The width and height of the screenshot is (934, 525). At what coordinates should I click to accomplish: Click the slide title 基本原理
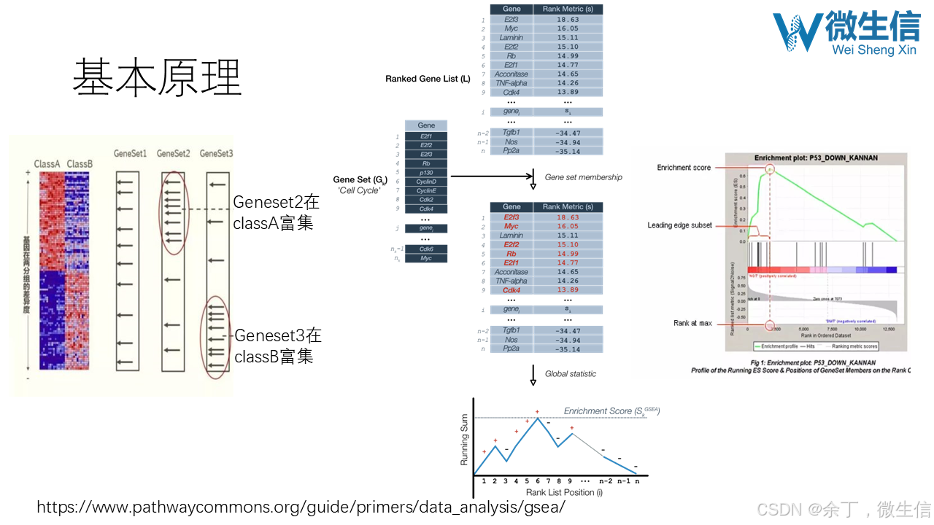(157, 78)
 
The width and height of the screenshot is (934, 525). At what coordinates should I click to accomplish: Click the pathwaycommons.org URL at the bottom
(301, 507)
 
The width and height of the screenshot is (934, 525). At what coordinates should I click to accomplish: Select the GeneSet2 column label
(173, 154)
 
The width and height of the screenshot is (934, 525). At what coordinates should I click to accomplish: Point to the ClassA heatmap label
(47, 164)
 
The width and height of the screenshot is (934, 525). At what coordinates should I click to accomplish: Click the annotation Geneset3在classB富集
(277, 346)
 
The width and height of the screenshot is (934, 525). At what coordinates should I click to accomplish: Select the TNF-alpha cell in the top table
(511, 83)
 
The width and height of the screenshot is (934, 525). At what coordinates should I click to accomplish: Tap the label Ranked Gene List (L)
(428, 79)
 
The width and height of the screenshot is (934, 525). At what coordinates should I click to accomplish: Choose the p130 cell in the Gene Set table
(426, 173)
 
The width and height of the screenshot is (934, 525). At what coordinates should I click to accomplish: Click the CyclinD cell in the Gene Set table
(426, 182)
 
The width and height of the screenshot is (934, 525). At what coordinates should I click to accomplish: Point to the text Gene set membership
(583, 177)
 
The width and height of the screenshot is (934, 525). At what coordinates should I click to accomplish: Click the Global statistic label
(570, 374)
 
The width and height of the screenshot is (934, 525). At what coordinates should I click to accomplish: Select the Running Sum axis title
(464, 440)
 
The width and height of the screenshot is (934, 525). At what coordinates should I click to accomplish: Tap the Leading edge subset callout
(679, 225)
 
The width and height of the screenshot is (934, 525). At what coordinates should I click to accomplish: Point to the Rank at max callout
(692, 323)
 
